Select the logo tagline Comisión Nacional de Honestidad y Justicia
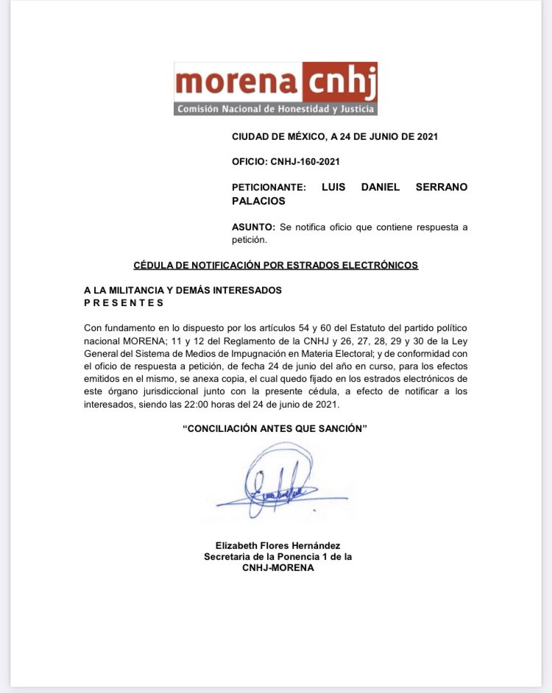(275, 110)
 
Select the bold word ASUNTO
(253, 227)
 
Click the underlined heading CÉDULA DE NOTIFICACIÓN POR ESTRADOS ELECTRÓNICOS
(275, 265)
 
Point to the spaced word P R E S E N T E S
(124, 302)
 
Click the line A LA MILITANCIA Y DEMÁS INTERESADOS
(183, 291)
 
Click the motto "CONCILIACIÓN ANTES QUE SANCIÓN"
(275, 429)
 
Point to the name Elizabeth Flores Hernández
(277, 545)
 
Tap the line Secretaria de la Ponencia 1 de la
(277, 557)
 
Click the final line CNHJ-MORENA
(277, 568)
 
